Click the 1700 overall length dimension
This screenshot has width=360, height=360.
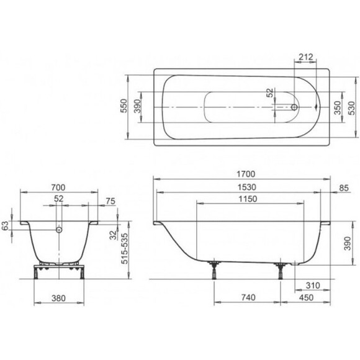tap(246, 174)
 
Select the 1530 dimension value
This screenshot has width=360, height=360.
tap(246, 187)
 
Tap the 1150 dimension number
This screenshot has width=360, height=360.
tap(248, 199)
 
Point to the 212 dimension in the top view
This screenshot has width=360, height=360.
tap(305, 56)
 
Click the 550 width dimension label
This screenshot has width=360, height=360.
tap(124, 106)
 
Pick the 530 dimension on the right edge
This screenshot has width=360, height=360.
tap(351, 108)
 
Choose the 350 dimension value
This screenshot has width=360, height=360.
tap(338, 107)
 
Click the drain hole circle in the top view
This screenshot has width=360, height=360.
tap(294, 107)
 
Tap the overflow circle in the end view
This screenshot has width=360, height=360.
tap(59, 230)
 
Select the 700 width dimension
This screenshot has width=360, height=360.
tap(58, 187)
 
